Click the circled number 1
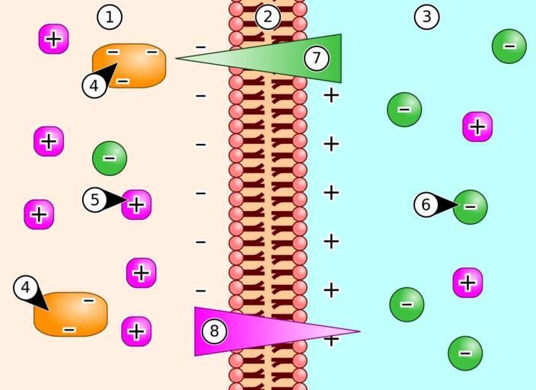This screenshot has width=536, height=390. coord(110,16)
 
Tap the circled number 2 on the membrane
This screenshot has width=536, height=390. coord(267,16)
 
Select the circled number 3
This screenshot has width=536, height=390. coord(426,16)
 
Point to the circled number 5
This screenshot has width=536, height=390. coord(94,200)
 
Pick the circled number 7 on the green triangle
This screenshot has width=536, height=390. coord(316,57)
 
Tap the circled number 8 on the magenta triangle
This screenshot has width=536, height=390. coord(214,331)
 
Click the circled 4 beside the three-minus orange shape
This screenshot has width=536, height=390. coord(94,86)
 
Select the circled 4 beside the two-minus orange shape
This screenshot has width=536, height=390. coord(25,288)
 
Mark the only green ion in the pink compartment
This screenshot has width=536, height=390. coord(110,158)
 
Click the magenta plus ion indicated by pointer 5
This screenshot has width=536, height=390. coord(137,204)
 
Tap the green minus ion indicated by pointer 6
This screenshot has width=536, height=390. coord(471,206)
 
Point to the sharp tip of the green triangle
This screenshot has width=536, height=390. coord(178,58)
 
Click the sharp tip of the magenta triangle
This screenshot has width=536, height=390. coord(358,331)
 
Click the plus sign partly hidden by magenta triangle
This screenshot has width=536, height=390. coord(331,340)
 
